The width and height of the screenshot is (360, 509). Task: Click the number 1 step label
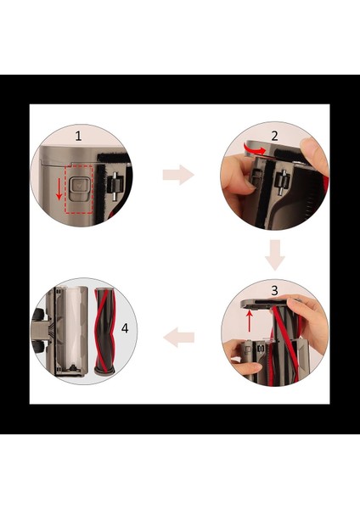point(78,136)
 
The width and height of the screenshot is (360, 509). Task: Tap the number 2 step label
point(274,136)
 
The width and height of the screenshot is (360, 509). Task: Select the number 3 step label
point(275,290)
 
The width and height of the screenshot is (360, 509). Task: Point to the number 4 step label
point(125,328)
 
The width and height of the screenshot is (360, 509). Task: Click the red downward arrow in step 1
point(59,188)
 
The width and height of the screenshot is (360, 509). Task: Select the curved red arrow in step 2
point(256,149)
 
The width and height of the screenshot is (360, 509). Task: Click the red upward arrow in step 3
point(250,321)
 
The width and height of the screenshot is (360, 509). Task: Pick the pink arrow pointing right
point(178,175)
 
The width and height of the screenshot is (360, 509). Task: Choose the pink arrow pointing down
point(275,255)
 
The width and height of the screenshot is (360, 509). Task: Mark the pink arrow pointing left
point(178,338)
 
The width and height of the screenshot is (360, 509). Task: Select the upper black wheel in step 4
point(38,315)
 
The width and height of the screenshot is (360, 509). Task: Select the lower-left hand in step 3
point(242,357)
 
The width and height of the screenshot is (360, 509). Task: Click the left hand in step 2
point(237,177)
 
